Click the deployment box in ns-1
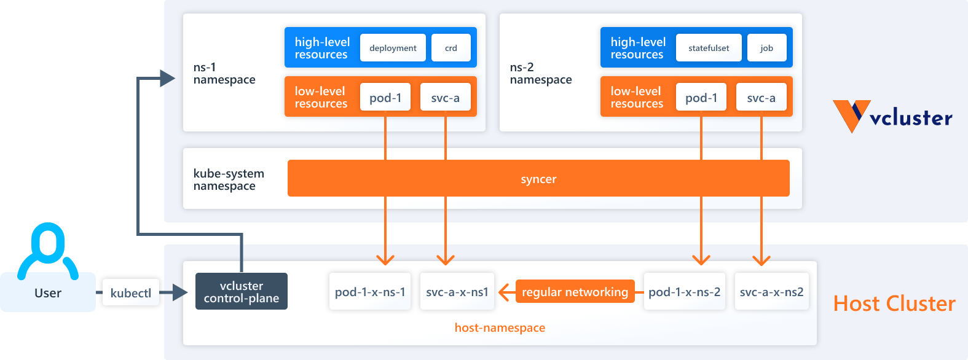coord(393,48)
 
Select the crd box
coord(451,48)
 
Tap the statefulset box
coord(709,48)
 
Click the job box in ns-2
coord(766,48)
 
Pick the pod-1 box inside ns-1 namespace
coord(385,98)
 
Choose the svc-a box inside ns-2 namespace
coord(761,98)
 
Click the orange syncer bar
coord(538,179)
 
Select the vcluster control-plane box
coord(242,292)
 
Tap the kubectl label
coord(131,293)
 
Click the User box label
coord(48,293)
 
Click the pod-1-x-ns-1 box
coord(370,292)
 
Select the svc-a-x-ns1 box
coord(457,292)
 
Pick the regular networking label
coord(575,292)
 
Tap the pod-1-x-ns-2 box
coord(684,292)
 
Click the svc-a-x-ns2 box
coord(771,292)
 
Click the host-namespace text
coord(500,327)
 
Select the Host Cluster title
coord(894,303)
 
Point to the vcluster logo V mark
coord(851,115)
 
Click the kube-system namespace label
coord(229,179)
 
